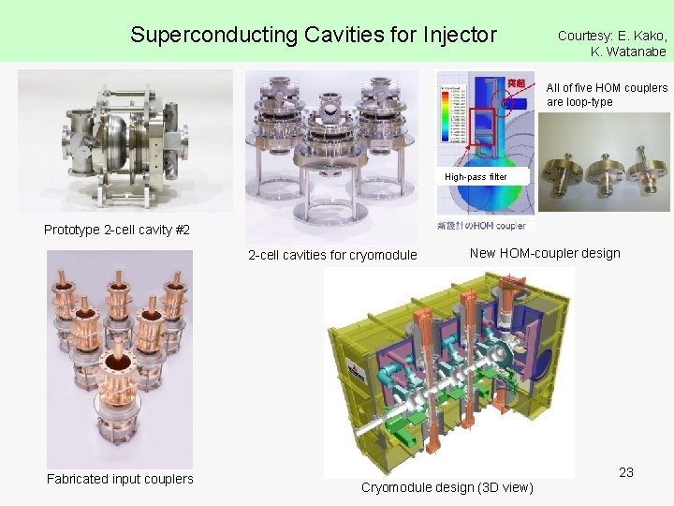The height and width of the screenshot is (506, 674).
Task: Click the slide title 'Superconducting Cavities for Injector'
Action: [314, 36]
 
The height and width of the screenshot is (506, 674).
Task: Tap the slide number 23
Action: [626, 472]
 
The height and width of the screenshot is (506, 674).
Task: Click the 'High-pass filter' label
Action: [476, 176]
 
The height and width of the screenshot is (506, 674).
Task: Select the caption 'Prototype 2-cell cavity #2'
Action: [117, 231]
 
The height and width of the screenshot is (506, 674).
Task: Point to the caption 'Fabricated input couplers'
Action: [120, 479]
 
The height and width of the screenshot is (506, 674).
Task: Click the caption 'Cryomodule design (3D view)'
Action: [447, 487]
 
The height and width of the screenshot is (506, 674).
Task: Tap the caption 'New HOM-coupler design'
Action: [545, 253]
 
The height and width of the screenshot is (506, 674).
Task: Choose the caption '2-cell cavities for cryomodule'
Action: [332, 255]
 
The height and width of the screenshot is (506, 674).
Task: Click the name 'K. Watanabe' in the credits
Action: [628, 52]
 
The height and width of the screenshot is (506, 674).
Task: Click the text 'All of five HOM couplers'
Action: [608, 88]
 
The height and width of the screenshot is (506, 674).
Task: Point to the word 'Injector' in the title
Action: [460, 36]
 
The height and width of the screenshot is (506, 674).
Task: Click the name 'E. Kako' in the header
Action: [642, 36]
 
